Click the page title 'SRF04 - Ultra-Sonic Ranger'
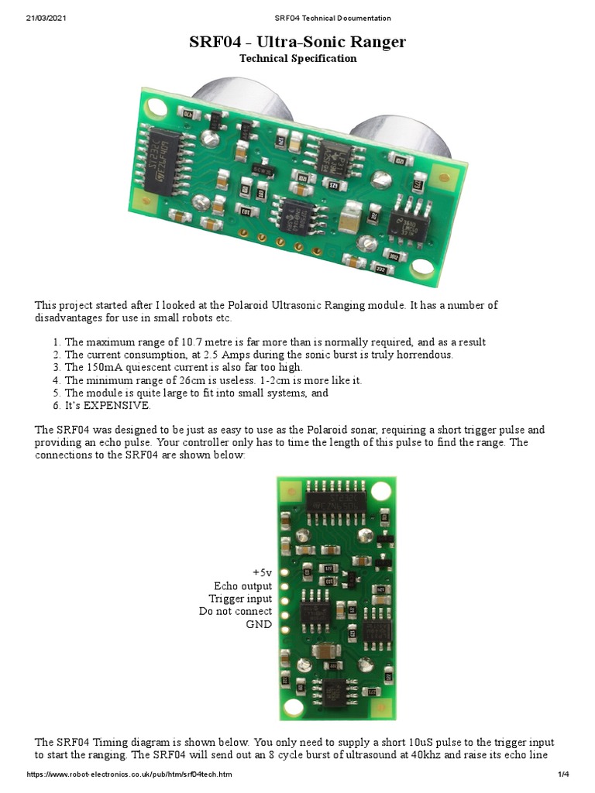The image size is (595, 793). (297, 42)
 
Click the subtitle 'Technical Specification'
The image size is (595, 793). (297, 59)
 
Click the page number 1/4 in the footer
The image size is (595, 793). (563, 774)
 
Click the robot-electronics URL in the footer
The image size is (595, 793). (129, 774)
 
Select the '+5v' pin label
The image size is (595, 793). (262, 573)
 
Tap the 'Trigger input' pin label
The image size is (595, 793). (240, 599)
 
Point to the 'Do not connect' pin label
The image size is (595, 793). (236, 612)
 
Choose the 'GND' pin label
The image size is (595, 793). (259, 624)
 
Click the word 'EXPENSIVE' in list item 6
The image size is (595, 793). (116, 406)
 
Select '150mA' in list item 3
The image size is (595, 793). (107, 368)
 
